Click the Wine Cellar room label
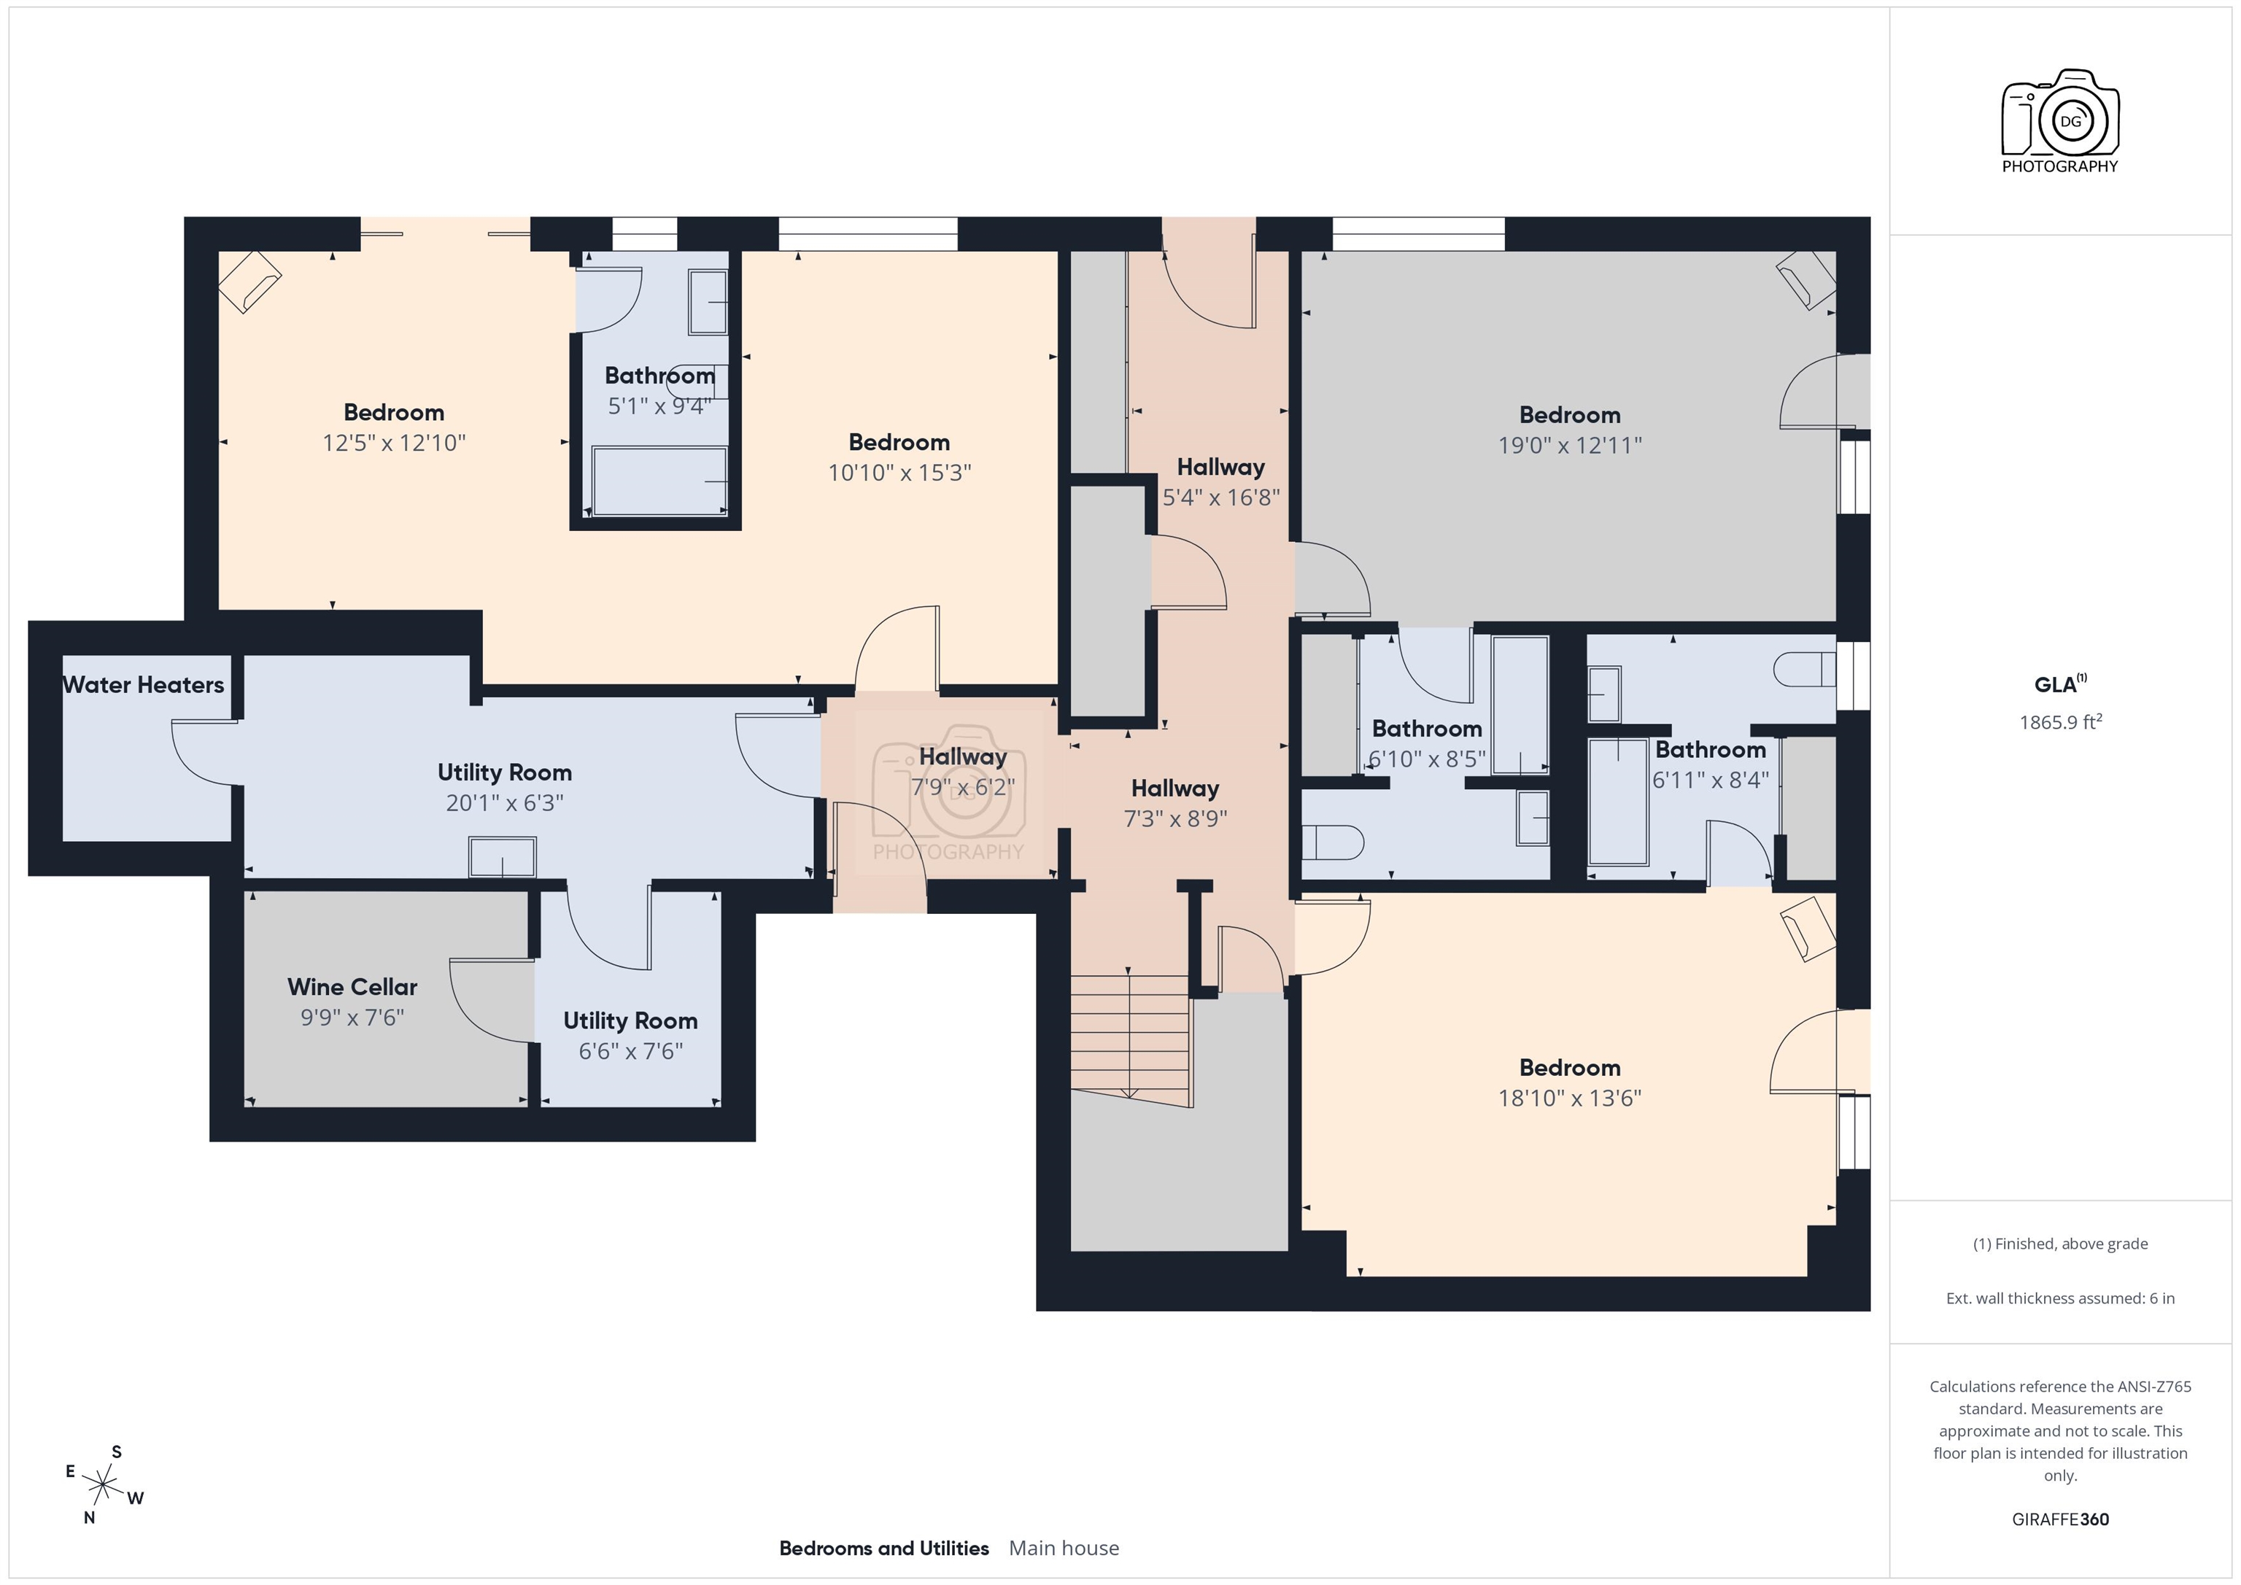point(352,987)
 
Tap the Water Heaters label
point(144,685)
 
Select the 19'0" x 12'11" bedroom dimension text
point(1569,446)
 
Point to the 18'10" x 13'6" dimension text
point(1569,1098)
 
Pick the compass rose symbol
point(101,1487)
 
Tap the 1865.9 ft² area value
point(2059,723)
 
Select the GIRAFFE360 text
point(2059,1519)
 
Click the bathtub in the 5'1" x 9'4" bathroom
point(659,481)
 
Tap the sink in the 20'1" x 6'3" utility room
point(503,858)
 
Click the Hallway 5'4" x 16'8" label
point(1220,468)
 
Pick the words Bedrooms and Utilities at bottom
point(883,1549)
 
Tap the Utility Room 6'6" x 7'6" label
point(630,1021)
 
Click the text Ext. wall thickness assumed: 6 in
point(2059,1299)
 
